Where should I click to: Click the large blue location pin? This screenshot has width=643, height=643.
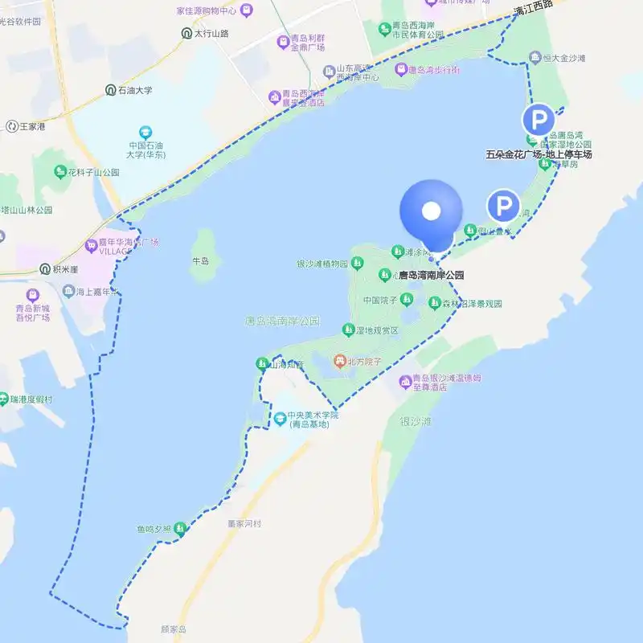click(x=432, y=212)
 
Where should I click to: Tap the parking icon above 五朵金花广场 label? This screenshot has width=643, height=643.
click(x=538, y=121)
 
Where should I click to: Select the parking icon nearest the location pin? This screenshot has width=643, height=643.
click(x=504, y=207)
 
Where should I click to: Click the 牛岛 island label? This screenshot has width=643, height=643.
click(x=200, y=261)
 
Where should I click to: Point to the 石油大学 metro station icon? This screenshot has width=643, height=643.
click(x=110, y=90)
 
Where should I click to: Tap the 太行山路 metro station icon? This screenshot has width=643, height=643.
click(x=186, y=34)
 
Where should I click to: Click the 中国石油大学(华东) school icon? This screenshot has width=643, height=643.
click(x=145, y=131)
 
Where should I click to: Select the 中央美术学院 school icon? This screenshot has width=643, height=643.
click(x=280, y=418)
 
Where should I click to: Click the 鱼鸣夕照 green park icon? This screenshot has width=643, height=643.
click(x=180, y=529)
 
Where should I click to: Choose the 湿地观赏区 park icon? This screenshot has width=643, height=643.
click(x=348, y=329)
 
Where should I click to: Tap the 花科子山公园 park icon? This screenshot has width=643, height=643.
click(x=59, y=172)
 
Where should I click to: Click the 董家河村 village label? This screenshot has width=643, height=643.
click(x=244, y=523)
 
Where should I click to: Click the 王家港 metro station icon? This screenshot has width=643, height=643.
click(x=12, y=126)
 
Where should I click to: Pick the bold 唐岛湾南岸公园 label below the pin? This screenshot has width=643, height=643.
click(x=432, y=275)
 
